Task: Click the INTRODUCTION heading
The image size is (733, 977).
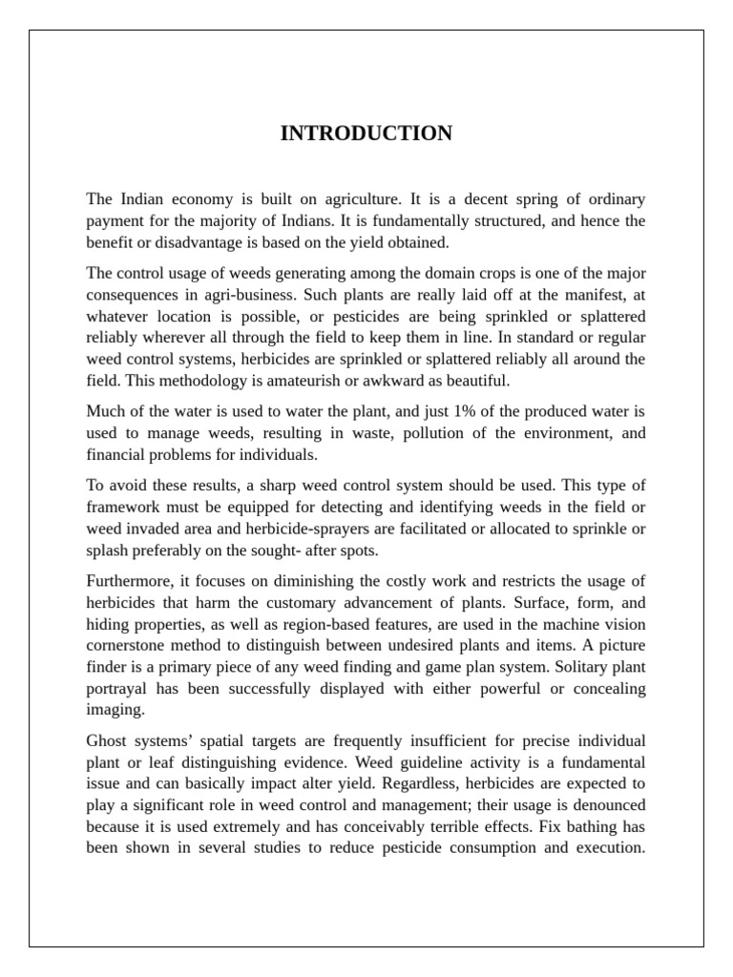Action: (x=366, y=134)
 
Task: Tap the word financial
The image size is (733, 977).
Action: (x=116, y=455)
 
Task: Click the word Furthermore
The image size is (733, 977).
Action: (x=130, y=581)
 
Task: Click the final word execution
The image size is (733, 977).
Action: (x=602, y=847)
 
